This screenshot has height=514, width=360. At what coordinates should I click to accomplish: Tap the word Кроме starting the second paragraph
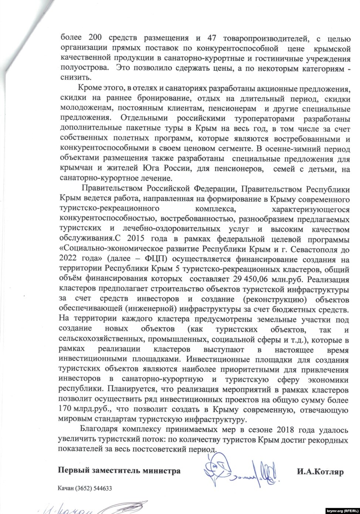89,88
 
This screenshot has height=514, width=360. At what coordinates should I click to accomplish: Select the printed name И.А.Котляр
319,471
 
